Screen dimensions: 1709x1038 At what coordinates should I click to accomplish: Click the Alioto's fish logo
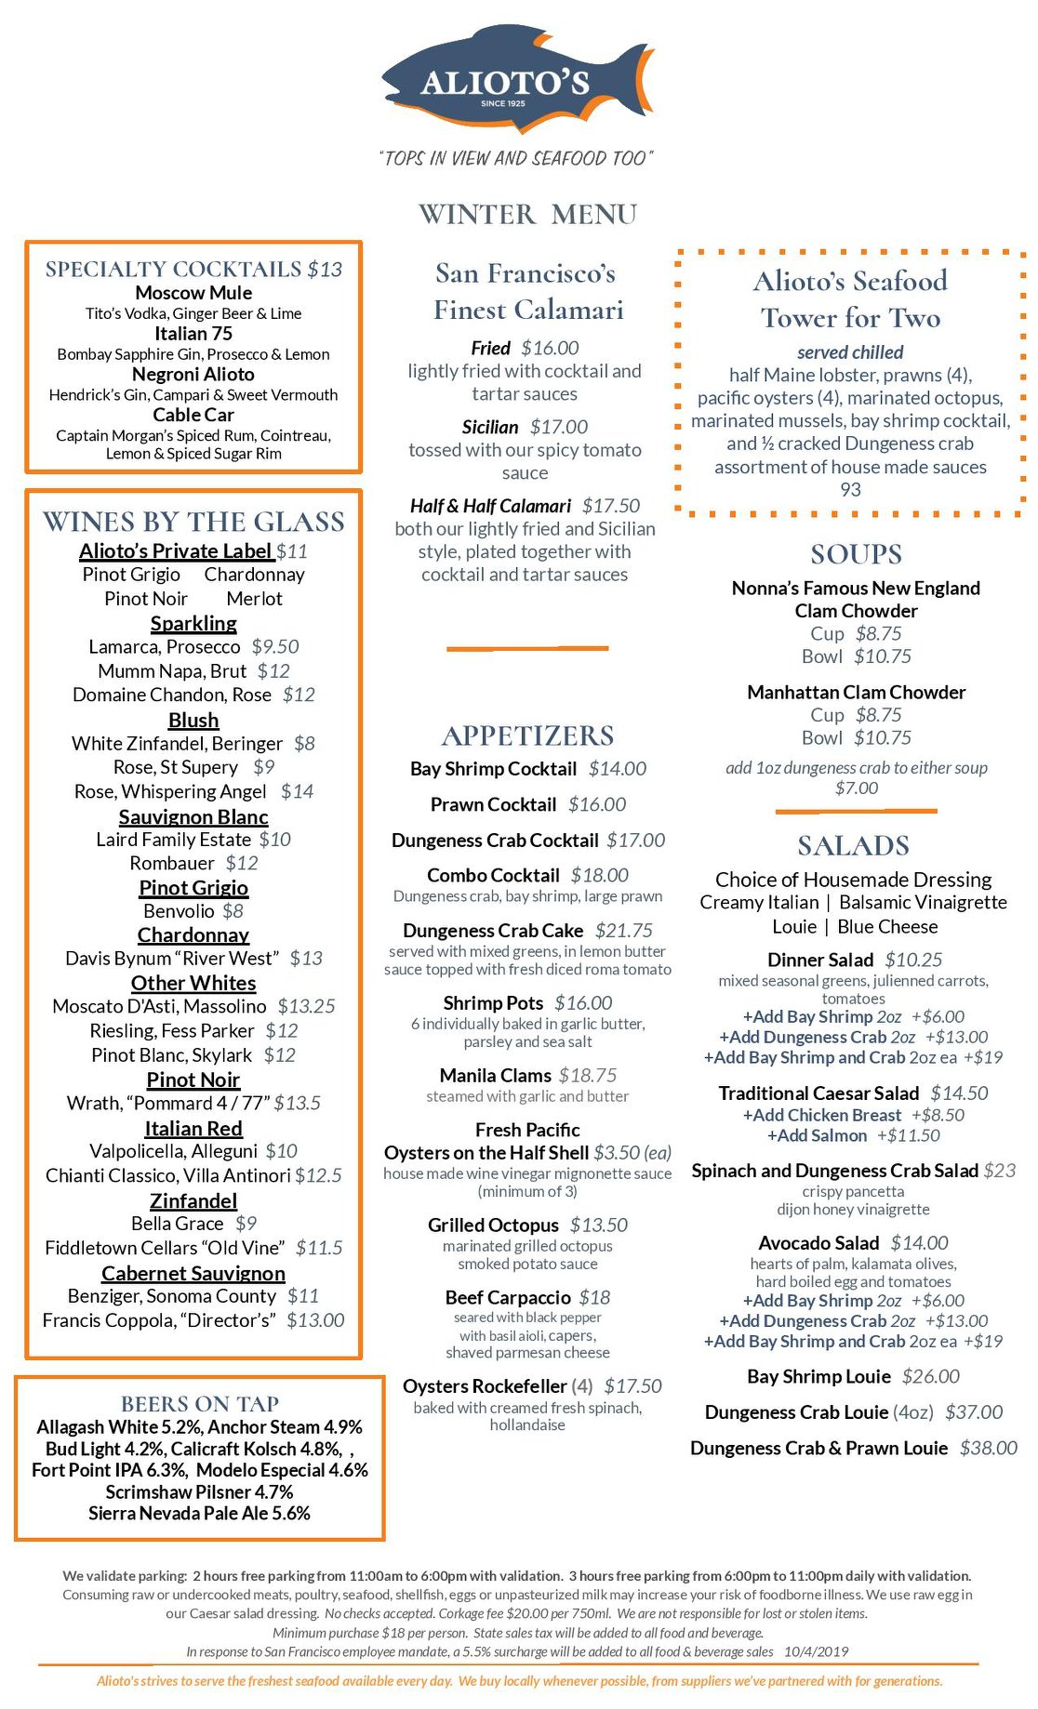517,82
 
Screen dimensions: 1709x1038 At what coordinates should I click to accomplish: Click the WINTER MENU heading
527,214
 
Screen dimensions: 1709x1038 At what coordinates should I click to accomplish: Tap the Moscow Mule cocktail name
193,293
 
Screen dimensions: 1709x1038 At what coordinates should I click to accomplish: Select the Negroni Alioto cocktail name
193,374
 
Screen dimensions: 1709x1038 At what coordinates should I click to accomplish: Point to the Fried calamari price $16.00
550,348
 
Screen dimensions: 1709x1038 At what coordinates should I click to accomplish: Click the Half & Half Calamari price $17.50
611,506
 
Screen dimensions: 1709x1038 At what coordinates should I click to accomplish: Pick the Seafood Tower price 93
850,489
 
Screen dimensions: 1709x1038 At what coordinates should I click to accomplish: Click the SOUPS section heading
856,554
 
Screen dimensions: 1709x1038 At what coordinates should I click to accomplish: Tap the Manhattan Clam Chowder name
856,692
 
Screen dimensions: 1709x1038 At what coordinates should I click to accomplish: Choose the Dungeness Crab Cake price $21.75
624,930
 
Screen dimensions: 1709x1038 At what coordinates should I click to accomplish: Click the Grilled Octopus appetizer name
493,1225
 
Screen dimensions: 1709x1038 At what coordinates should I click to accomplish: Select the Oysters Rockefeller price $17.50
632,1385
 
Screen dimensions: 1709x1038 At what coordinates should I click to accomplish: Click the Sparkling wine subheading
193,623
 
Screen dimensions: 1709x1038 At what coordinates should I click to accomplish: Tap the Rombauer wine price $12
242,863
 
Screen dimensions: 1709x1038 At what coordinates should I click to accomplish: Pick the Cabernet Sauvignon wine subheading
193,1273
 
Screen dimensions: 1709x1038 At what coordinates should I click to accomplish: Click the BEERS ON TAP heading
200,1403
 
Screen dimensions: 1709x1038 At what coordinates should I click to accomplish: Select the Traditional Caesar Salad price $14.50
959,1093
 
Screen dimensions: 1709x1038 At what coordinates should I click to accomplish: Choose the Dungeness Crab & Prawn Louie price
988,1448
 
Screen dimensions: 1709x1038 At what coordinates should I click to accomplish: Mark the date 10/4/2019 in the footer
816,1651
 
